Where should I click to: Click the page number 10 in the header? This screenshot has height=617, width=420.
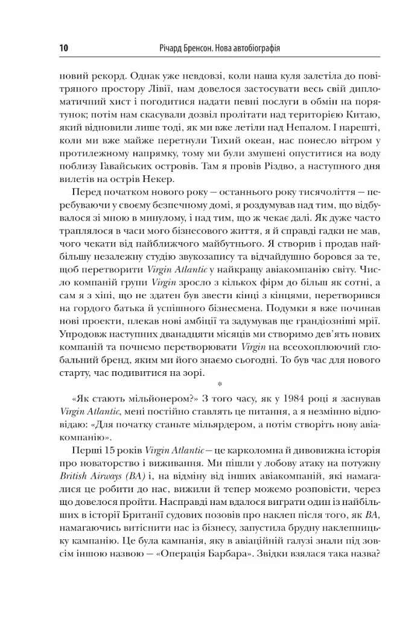64,48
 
